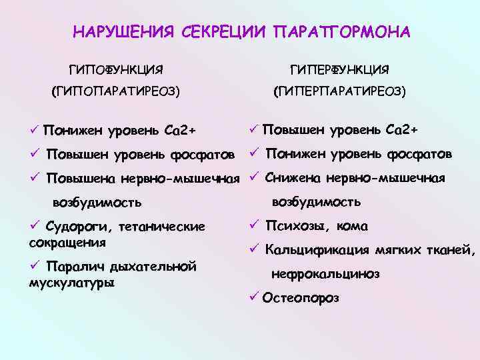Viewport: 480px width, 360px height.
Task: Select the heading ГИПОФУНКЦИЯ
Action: click(117, 69)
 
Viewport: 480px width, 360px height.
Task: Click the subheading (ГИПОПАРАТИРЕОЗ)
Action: click(117, 91)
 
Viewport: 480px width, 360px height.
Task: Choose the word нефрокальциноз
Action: click(325, 273)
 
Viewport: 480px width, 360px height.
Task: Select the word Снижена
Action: click(291, 177)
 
